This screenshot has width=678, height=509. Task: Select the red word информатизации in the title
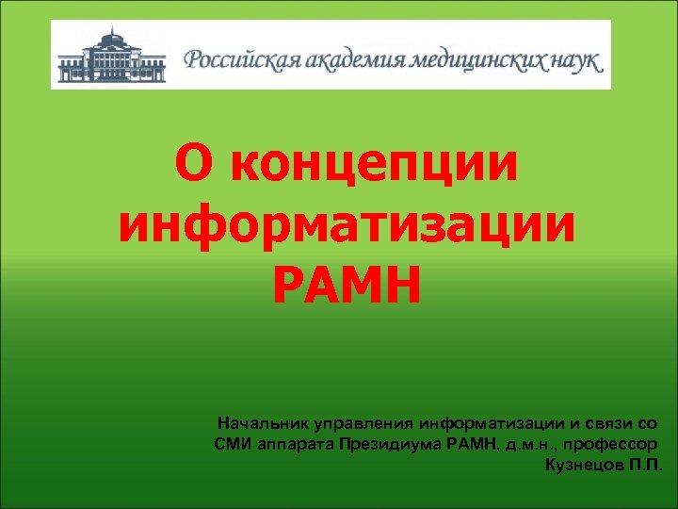(347, 224)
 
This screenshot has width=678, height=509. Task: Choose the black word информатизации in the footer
(490, 423)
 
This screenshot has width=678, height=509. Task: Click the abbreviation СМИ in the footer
(232, 444)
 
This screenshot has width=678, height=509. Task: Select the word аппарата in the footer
(290, 444)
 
